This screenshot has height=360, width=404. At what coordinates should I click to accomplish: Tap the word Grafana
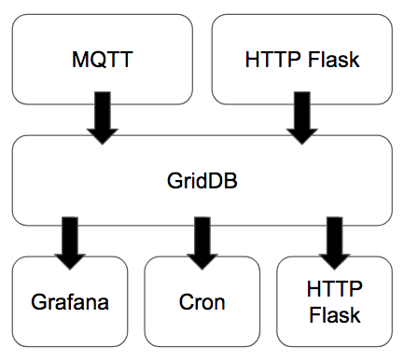71,303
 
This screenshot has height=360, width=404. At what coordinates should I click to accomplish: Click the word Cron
202,303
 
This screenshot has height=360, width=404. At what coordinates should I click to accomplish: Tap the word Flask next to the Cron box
334,315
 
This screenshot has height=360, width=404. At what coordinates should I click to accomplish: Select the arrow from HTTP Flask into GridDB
300,119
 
